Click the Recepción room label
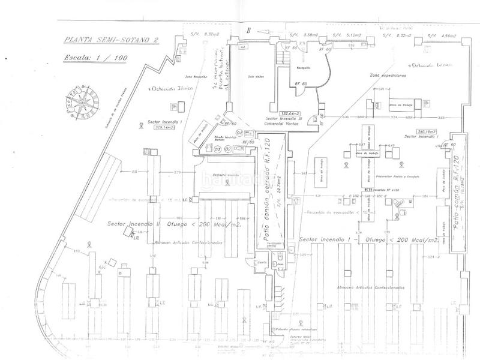point(299,68)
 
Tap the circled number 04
point(239,133)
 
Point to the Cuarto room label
point(262,263)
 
